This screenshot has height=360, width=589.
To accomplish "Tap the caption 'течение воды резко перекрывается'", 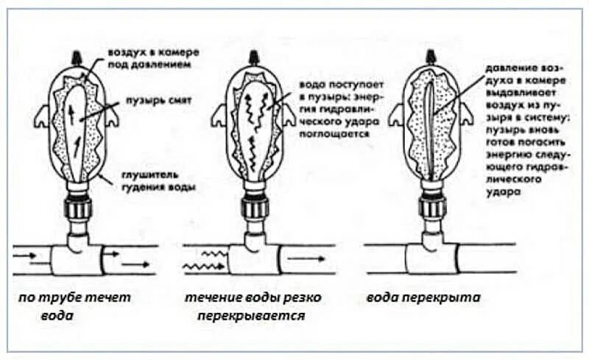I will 245,306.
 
